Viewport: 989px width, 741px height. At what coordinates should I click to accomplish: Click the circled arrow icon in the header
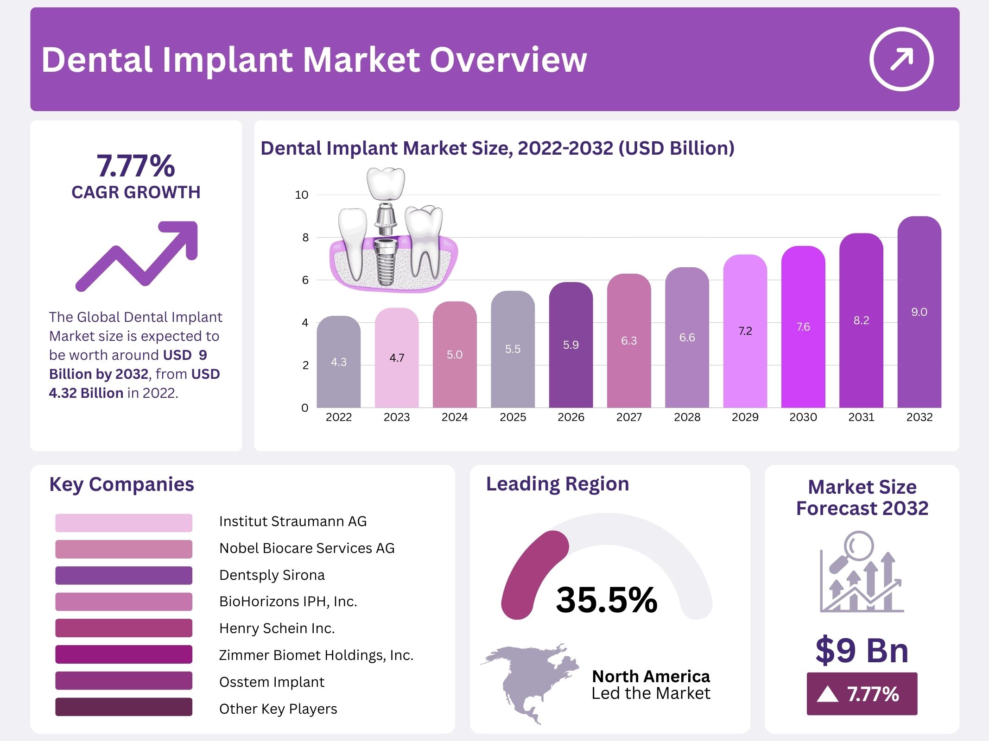coord(901,59)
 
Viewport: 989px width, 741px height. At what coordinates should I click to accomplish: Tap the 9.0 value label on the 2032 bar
coord(919,312)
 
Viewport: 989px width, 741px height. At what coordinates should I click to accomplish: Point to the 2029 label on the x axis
coord(745,417)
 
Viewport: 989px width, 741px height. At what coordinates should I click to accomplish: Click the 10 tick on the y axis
coord(302,195)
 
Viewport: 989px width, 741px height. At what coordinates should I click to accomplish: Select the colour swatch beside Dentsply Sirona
coord(124,575)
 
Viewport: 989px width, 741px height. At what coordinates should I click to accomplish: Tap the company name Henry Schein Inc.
coord(277,628)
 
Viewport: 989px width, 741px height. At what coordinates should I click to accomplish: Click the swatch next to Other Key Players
coord(124,707)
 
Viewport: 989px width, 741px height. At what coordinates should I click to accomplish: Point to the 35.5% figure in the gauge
coord(606,600)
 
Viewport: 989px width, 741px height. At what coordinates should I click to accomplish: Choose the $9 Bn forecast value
coord(862,650)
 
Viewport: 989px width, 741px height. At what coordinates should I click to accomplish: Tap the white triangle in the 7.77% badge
coord(828,694)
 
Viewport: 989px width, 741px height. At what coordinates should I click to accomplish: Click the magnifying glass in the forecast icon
coord(858,546)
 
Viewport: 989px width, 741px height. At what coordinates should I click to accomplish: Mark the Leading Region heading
coord(557,484)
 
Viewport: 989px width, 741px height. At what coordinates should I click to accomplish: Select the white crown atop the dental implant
coord(386,183)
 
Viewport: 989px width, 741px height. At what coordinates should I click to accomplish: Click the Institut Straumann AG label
coord(292,521)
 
